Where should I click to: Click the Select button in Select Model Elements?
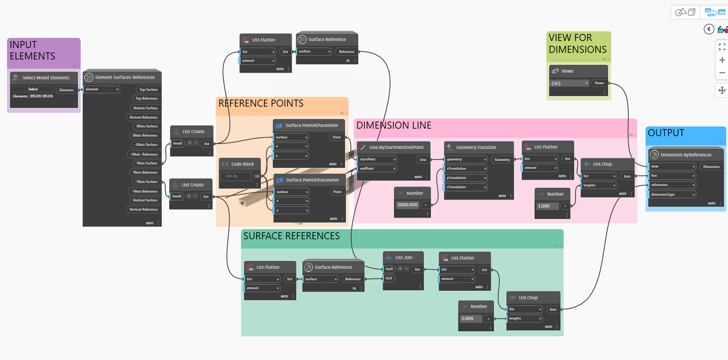tap(33, 89)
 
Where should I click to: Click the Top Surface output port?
tap(148, 89)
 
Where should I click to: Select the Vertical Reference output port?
tap(143, 209)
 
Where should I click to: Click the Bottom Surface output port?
tap(145, 108)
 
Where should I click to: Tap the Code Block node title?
tap(242, 164)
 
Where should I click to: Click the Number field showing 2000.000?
tap(408, 205)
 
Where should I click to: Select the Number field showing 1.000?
tap(546, 206)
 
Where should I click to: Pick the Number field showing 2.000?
tap(470, 319)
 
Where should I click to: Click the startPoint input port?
tap(377, 159)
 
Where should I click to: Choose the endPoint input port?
tap(377, 168)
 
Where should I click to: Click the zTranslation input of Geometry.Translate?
tap(465, 187)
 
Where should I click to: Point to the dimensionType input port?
tap(672, 194)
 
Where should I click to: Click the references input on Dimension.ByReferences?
tap(672, 185)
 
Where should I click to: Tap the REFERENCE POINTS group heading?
tap(261, 104)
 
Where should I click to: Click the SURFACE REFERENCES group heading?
tap(291, 236)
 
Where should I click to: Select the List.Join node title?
tap(404, 257)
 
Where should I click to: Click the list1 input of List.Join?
tap(390, 278)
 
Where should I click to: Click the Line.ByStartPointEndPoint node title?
tap(396, 147)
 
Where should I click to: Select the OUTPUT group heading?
tap(666, 133)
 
